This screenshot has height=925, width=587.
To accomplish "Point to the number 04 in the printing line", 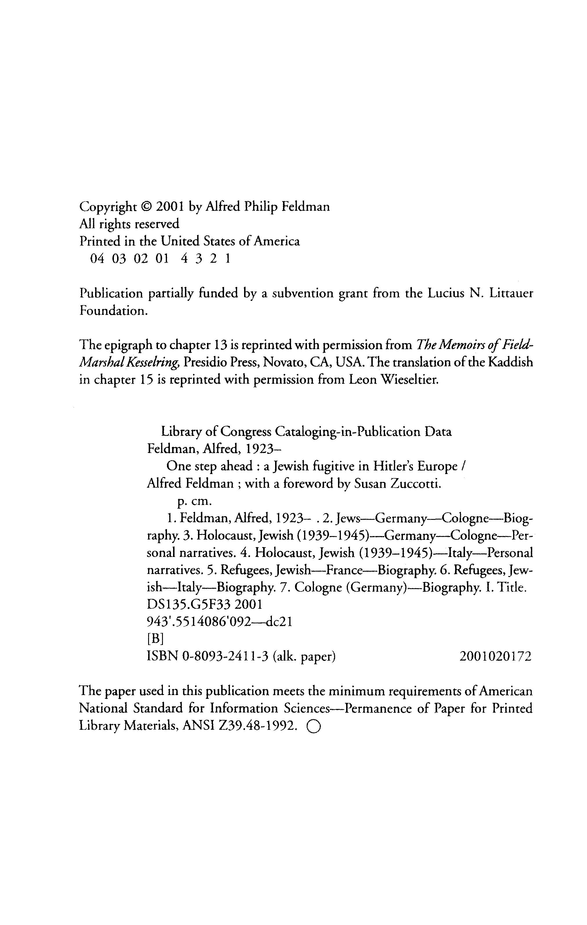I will pos(97,259).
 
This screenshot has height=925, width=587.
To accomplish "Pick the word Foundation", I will pos(113,311).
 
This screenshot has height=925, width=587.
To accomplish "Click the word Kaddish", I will pos(510,363).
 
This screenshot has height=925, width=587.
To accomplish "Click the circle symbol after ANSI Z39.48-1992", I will pos(313,726).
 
